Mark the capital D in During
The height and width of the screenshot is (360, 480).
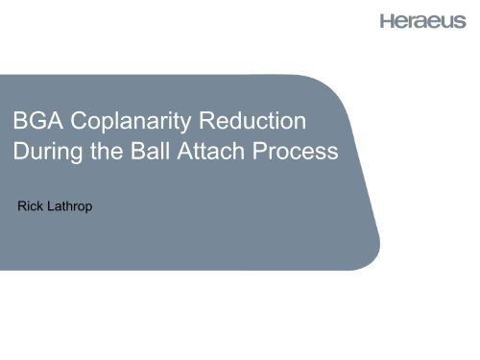click(x=27, y=154)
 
